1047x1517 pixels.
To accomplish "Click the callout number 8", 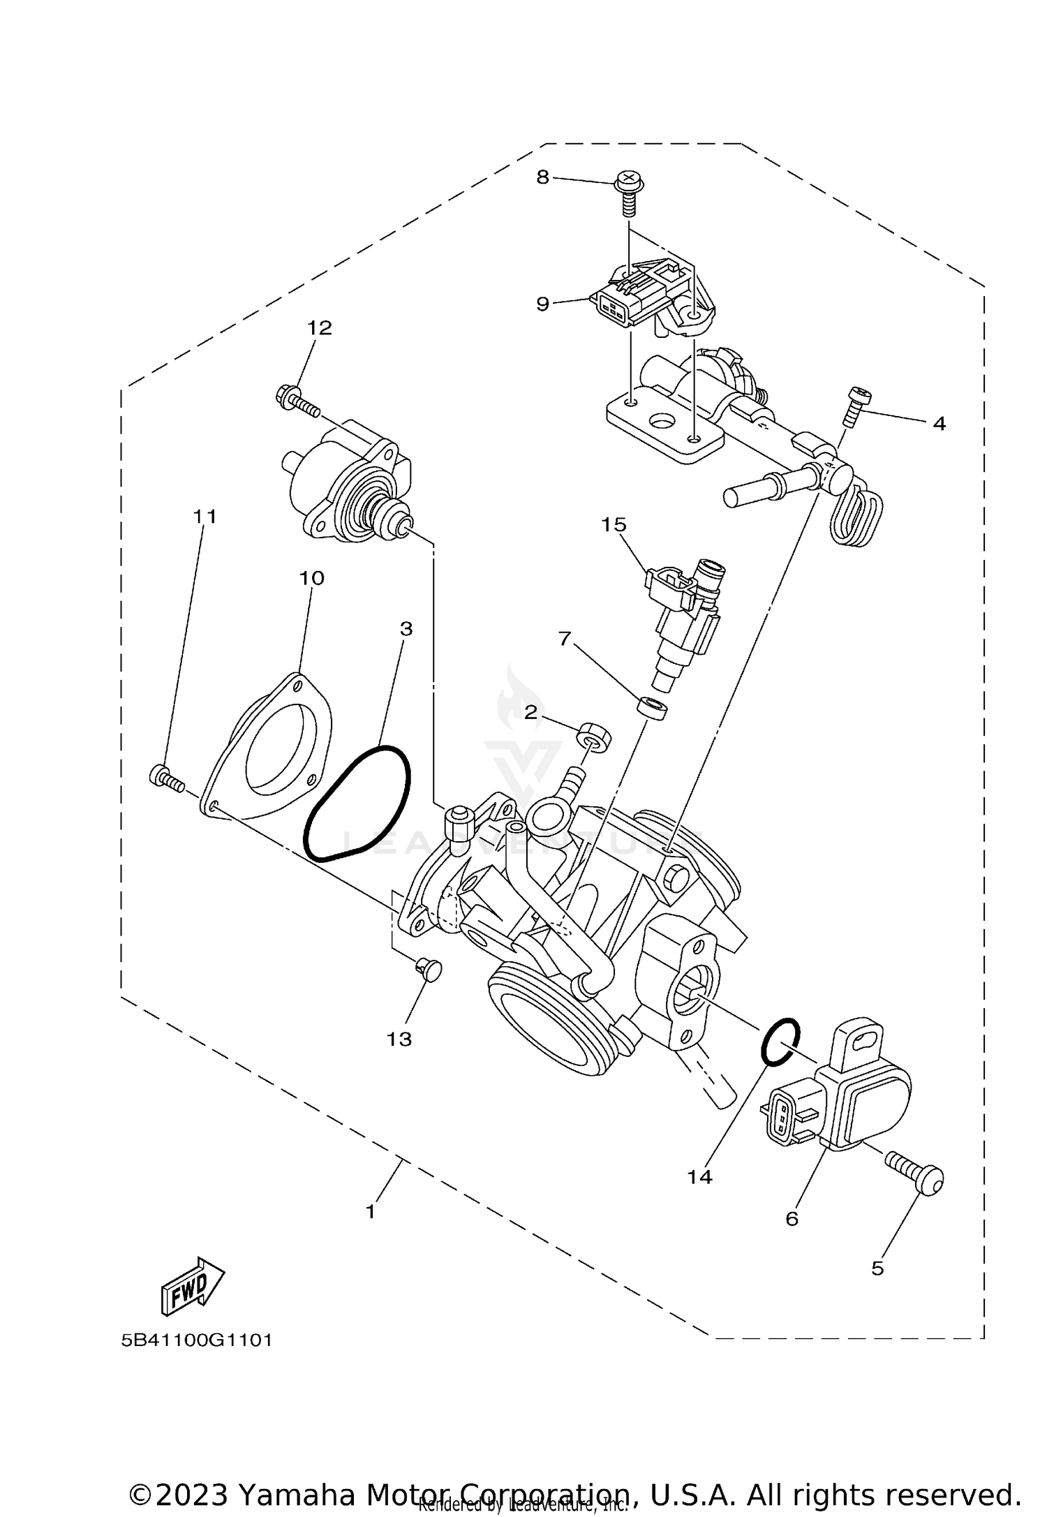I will (x=542, y=177).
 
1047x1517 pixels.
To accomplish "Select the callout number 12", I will (x=320, y=327).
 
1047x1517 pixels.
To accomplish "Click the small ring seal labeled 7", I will (x=653, y=707).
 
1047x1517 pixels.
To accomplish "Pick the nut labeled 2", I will (x=594, y=737).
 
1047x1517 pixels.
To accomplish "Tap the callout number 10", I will (x=312, y=578).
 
